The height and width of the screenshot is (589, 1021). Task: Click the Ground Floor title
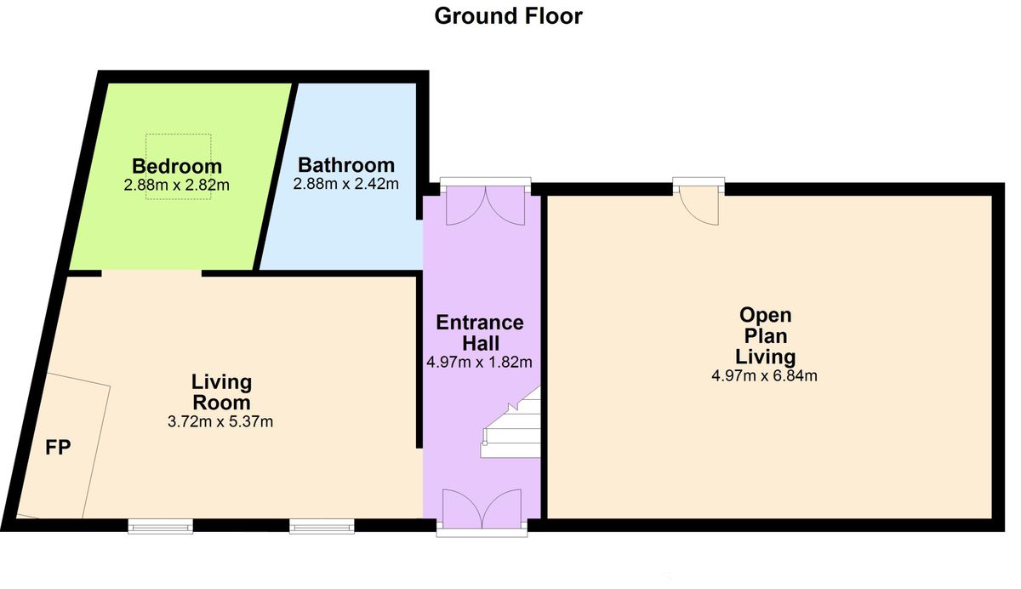pos(508,16)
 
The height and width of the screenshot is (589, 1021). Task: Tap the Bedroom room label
pos(177,166)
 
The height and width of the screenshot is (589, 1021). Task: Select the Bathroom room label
pos(346,164)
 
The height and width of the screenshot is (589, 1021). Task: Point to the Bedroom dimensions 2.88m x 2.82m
pos(176,185)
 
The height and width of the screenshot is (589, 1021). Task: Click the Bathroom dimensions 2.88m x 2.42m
pos(346,184)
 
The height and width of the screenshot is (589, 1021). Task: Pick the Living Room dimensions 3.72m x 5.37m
pos(220,421)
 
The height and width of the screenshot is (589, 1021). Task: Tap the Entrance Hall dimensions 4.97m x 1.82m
pos(479,362)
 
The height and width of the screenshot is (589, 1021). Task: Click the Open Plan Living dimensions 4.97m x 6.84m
pos(764,375)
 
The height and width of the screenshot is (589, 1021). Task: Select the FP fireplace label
pos(58,448)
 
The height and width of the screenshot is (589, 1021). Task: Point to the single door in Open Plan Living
pos(699,201)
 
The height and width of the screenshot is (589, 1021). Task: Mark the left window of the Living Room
pos(161,526)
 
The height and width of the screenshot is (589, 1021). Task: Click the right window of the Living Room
pos(322,526)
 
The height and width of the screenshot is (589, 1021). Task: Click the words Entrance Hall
pos(480,333)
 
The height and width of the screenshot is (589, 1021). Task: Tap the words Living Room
pos(221,392)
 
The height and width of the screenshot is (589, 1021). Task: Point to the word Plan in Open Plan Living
pos(765,336)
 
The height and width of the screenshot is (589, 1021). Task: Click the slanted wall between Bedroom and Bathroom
pos(275,176)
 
